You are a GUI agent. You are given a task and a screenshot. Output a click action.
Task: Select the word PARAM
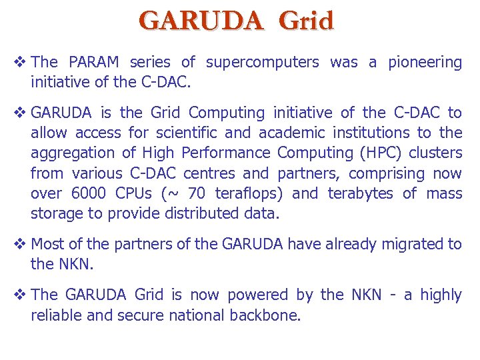[94, 63]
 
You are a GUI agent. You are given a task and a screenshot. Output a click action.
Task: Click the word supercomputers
[263, 63]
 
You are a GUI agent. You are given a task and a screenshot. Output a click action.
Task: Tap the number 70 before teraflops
[197, 194]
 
